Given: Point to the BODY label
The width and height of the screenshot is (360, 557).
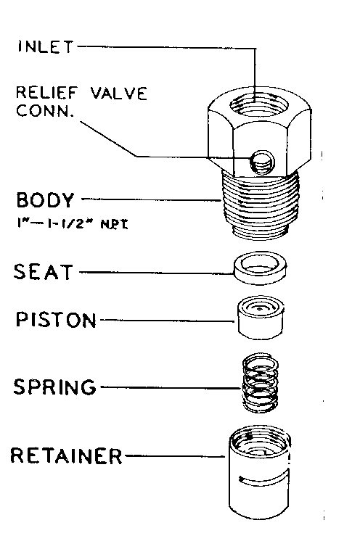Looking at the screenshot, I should pyautogui.click(x=44, y=198).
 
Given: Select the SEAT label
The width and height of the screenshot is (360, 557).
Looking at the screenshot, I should pyautogui.click(x=44, y=273).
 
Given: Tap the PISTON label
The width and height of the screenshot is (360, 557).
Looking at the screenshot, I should pyautogui.click(x=56, y=319).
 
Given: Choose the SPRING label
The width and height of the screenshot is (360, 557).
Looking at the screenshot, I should pyautogui.click(x=55, y=387).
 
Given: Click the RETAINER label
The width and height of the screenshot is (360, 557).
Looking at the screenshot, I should pyautogui.click(x=66, y=456).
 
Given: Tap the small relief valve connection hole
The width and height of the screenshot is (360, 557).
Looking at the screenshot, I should pyautogui.click(x=258, y=163).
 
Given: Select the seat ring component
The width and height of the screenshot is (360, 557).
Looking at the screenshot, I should pyautogui.click(x=259, y=266).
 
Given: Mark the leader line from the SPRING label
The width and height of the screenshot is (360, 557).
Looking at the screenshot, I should pyautogui.click(x=171, y=387).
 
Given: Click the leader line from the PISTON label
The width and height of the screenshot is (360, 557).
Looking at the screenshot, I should pyautogui.click(x=174, y=319).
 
